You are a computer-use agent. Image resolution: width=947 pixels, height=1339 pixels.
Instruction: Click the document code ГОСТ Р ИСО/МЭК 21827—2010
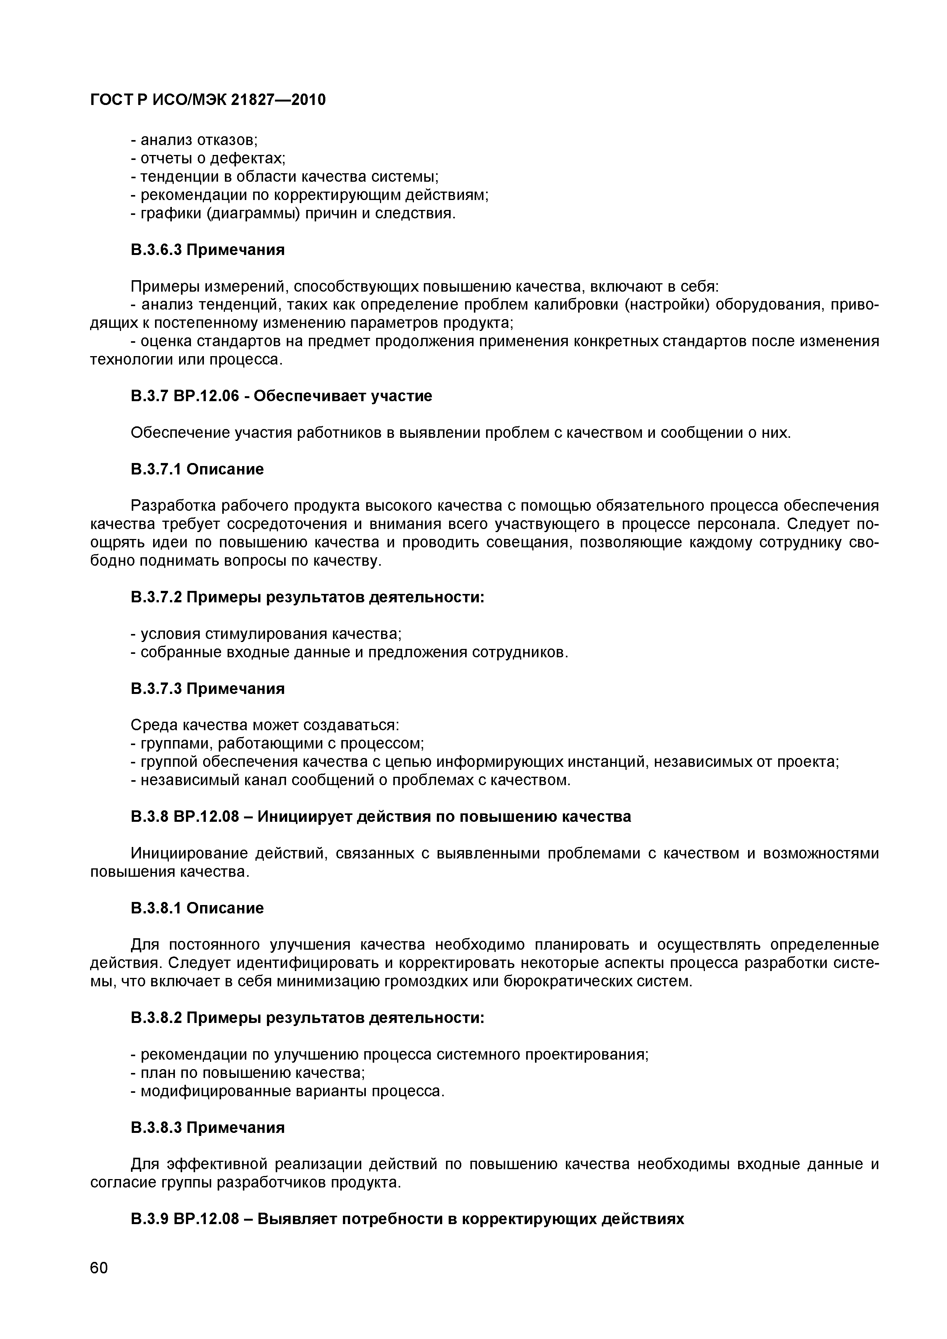click(208, 100)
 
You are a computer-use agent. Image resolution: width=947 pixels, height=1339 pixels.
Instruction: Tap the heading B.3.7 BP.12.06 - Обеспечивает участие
click(281, 396)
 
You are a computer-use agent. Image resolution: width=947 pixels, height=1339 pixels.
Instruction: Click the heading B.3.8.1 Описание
click(197, 908)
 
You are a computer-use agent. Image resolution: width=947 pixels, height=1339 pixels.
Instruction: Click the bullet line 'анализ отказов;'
click(194, 140)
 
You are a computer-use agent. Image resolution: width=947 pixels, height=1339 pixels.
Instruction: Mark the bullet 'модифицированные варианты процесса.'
click(288, 1091)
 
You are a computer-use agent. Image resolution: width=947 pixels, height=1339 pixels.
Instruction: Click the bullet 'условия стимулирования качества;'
click(266, 634)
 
